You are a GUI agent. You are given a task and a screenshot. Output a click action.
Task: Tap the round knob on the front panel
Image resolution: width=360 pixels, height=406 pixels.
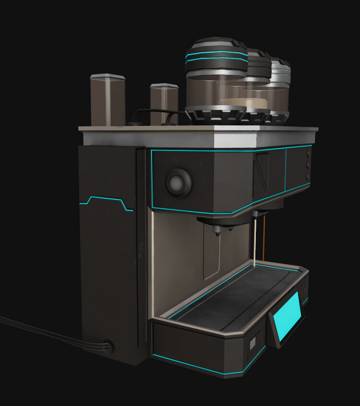[x=179, y=182]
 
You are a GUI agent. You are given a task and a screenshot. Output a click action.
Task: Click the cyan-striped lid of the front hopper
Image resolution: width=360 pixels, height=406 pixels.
[x=216, y=54]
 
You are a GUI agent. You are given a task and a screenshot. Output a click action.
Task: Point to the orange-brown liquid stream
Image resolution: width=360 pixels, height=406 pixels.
[x=264, y=238]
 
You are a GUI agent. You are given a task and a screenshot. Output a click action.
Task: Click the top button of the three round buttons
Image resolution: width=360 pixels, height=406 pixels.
[x=307, y=155]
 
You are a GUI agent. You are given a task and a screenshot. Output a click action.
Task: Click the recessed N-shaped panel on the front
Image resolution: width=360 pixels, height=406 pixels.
[x=261, y=175]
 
